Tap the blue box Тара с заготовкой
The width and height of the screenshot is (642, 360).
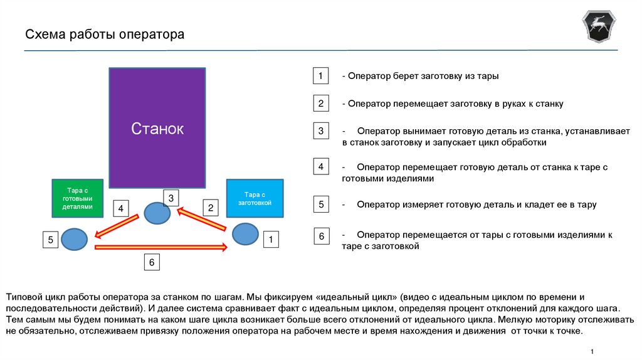(254, 198)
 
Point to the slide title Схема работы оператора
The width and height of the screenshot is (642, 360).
(105, 34)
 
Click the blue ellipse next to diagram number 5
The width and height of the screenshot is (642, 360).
(74, 239)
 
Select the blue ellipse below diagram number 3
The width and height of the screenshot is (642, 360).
(157, 214)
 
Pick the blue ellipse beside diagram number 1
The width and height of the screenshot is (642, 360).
(245, 234)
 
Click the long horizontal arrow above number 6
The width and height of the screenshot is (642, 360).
(160, 248)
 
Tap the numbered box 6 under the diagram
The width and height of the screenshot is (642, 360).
(151, 262)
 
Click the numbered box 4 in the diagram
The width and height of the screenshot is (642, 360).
(121, 208)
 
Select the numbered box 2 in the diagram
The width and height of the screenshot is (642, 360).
(211, 208)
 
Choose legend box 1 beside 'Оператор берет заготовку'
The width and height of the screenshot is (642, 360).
(320, 76)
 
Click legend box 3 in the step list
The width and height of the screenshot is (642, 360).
(320, 131)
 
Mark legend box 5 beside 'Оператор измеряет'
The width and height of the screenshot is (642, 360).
(320, 204)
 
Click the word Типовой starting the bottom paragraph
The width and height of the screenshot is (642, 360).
(24, 296)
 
